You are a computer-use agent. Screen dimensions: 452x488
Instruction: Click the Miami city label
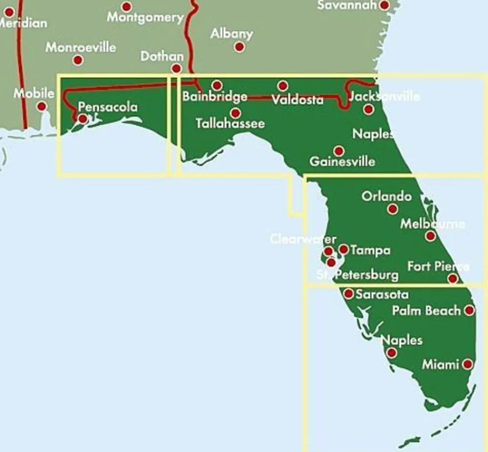[x=440, y=364]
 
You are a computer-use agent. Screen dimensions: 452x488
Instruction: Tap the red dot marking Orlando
[x=392, y=209]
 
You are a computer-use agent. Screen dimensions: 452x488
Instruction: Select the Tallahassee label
[x=230, y=123]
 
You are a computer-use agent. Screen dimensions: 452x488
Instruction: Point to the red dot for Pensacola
[x=83, y=118]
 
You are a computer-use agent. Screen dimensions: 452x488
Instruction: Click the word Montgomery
[x=145, y=18]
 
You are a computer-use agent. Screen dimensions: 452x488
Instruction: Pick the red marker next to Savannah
[x=385, y=5]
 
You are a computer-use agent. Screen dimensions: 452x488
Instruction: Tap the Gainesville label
[x=343, y=161]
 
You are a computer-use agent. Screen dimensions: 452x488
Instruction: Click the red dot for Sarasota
[x=348, y=294]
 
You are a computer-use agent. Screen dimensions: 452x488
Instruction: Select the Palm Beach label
[x=427, y=311]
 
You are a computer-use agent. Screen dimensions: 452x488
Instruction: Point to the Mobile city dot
[x=42, y=106]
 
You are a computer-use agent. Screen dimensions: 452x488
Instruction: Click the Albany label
[x=232, y=34]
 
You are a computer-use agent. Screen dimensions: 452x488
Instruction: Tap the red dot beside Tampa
[x=344, y=250]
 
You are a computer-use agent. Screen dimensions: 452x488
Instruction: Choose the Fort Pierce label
[x=438, y=267]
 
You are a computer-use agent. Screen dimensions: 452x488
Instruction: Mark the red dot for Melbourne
[x=430, y=236]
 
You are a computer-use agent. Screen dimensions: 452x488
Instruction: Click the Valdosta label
[x=297, y=100]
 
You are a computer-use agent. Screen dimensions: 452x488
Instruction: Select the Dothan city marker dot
[x=177, y=68]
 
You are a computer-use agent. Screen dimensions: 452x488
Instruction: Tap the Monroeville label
[x=81, y=47]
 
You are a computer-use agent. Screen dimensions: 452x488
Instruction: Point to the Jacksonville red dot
[x=368, y=109]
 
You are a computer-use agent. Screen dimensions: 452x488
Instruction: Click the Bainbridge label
[x=215, y=96]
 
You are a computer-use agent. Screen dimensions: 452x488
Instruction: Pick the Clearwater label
[x=303, y=239]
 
